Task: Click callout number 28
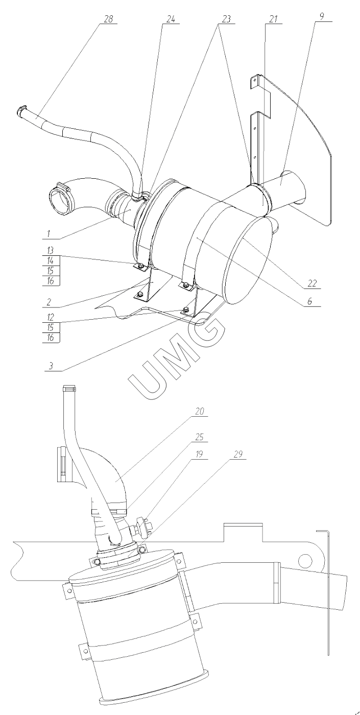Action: (x=108, y=19)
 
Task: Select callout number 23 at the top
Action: (x=226, y=19)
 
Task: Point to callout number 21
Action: (x=273, y=19)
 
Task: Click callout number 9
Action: (x=322, y=16)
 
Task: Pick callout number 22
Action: (x=312, y=283)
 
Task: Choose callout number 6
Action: (x=309, y=301)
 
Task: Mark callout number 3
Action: (x=51, y=366)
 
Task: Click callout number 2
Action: (x=49, y=302)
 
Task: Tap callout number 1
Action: (x=48, y=233)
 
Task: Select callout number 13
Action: (x=50, y=250)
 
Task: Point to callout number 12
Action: (x=50, y=317)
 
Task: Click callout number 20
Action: (x=199, y=411)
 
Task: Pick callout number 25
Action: (x=199, y=437)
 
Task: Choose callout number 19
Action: (x=199, y=454)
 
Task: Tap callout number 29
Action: (x=238, y=454)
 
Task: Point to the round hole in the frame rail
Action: (x=306, y=559)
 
